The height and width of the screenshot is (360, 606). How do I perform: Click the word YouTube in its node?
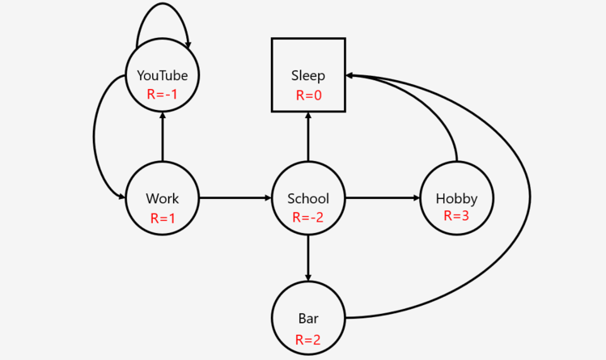162,76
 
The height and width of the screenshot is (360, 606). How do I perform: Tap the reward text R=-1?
162,94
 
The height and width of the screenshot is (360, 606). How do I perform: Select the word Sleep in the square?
308,76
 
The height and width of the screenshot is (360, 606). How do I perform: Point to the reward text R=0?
308,95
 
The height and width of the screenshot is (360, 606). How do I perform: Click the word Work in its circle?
162,198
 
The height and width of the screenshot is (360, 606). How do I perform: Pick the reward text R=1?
162,218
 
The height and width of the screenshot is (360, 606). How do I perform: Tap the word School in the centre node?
308,198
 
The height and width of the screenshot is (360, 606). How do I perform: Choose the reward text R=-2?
308,218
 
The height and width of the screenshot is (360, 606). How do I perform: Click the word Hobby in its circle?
456,198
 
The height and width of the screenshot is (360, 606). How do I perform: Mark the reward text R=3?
456,216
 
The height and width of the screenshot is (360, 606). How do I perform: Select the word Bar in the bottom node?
308,319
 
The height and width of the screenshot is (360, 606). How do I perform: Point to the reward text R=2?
308,339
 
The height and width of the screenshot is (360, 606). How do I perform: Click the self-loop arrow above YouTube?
162,5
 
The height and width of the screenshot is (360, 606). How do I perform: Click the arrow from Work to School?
235,197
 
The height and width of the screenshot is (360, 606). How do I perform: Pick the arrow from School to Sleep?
308,138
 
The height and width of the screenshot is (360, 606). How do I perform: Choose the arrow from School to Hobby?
383,197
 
